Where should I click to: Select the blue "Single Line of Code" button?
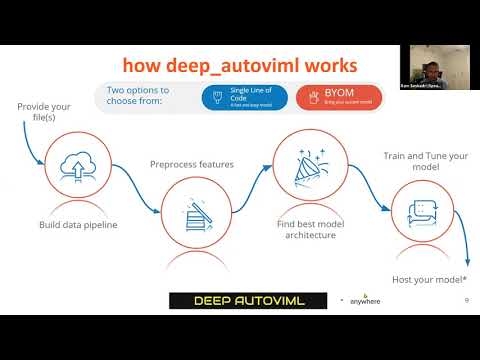[244, 97]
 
